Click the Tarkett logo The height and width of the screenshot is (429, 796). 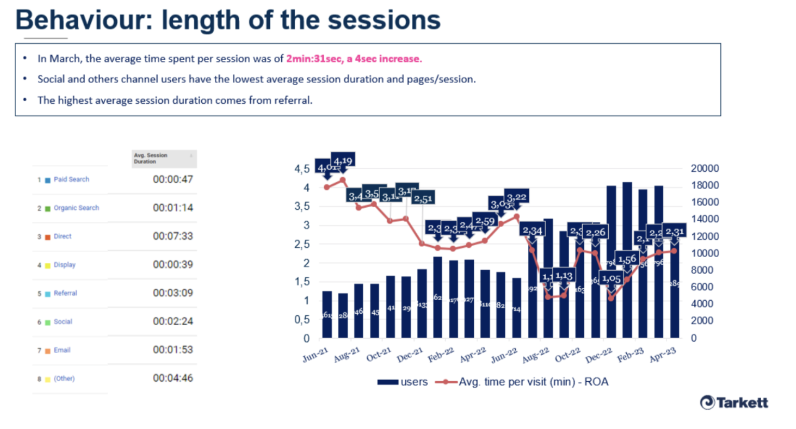734,403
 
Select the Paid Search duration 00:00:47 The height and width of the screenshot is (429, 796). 173,179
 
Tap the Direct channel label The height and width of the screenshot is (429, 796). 62,236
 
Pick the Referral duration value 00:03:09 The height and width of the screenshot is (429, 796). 173,293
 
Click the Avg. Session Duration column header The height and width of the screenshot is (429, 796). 150,158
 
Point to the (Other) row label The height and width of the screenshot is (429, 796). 64,379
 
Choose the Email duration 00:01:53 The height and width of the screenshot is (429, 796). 173,350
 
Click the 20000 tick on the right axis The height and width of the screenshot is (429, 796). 704,168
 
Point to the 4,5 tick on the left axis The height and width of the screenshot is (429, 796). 302,169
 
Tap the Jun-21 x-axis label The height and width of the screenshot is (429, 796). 315,355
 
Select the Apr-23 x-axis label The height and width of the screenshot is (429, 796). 663,355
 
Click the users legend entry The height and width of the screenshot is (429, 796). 403,382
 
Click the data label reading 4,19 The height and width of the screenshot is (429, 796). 343,161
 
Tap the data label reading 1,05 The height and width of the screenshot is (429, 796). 611,279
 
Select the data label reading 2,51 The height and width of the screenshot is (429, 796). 423,198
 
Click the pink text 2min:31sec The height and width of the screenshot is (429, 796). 314,59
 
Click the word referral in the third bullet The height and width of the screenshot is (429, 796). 293,100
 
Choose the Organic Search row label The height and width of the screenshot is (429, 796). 76,208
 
